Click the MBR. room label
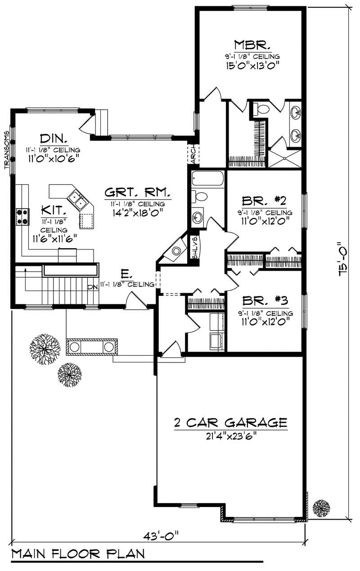coord(252,45)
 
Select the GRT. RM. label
coord(137,193)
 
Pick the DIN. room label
coord(54,138)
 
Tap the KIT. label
coord(54,210)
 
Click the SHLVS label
coord(195,248)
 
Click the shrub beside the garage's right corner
coord(321,508)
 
